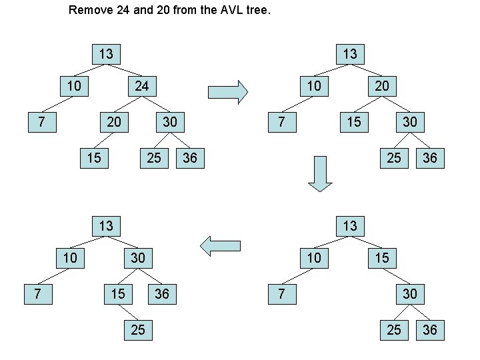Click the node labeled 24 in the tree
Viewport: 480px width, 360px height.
click(141, 86)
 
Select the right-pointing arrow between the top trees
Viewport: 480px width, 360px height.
click(228, 91)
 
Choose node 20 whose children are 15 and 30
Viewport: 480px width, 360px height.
click(381, 86)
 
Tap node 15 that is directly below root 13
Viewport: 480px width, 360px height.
click(381, 257)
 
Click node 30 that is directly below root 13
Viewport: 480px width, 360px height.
click(137, 257)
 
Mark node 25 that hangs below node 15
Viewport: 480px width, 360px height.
click(137, 329)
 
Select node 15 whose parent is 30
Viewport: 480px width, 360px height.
click(117, 293)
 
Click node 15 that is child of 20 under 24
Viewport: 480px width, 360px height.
click(93, 158)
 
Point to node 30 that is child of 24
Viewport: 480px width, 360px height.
click(169, 122)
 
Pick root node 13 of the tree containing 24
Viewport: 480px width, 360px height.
click(105, 53)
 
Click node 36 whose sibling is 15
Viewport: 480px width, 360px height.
click(161, 293)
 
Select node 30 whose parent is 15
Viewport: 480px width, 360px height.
click(409, 293)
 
